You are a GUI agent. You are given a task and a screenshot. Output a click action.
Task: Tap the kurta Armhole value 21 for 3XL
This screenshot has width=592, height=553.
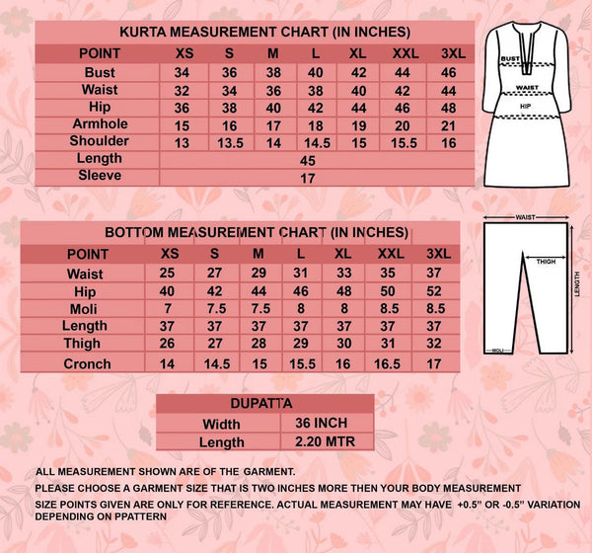click(x=449, y=124)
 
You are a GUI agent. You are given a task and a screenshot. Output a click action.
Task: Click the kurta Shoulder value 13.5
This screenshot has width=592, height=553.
click(x=229, y=141)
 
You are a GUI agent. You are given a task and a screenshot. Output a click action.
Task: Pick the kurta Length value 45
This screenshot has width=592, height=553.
click(x=307, y=159)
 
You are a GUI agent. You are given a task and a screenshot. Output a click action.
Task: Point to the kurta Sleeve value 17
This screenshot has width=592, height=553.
click(x=307, y=177)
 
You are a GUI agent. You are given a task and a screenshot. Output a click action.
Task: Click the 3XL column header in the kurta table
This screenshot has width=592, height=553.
click(x=449, y=52)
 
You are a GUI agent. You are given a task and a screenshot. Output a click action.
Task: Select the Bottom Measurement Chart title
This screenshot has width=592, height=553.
click(x=256, y=233)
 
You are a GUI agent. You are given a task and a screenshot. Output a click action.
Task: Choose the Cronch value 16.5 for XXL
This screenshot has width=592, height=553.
click(x=388, y=363)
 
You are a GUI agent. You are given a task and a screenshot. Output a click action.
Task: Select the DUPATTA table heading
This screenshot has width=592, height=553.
click(x=264, y=404)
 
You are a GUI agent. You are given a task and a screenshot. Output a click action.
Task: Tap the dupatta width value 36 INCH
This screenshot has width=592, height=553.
click(x=314, y=423)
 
